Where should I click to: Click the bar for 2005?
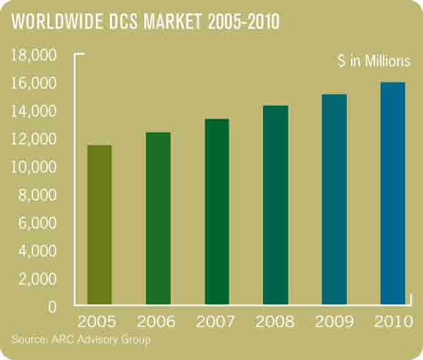(x=99, y=225)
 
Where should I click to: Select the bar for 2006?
(x=158, y=219)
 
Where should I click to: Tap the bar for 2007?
(x=217, y=212)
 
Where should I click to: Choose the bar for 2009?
(x=334, y=200)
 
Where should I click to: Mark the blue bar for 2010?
(x=393, y=194)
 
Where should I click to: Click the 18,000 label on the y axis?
(x=35, y=56)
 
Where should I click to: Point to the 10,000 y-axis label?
(x=35, y=167)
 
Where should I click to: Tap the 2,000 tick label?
(x=38, y=279)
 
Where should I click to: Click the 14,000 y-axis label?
(x=35, y=111)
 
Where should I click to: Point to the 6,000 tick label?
(x=38, y=223)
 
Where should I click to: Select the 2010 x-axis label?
(x=393, y=323)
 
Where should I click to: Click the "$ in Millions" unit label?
(x=373, y=61)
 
